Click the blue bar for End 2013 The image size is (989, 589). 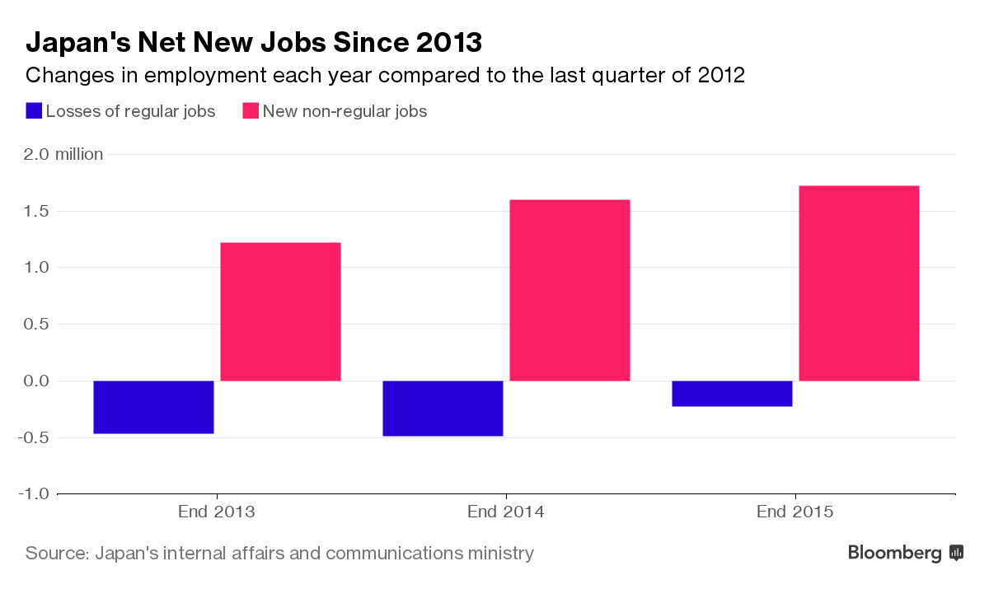tap(153, 407)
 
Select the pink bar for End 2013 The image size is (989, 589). tap(280, 311)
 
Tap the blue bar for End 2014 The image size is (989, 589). tap(443, 408)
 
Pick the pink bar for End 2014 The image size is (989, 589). tap(569, 290)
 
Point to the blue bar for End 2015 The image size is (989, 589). tap(732, 394)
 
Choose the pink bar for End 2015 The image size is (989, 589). tap(859, 283)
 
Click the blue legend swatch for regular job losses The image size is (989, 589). tap(34, 111)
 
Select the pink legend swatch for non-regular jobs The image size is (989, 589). tap(251, 111)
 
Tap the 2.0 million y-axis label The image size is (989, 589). tap(64, 154)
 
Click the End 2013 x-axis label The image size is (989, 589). tap(217, 512)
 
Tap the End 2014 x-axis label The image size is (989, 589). tap(506, 512)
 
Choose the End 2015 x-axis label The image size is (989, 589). tap(795, 512)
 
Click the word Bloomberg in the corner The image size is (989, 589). tap(895, 553)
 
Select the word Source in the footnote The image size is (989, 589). tap(54, 553)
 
